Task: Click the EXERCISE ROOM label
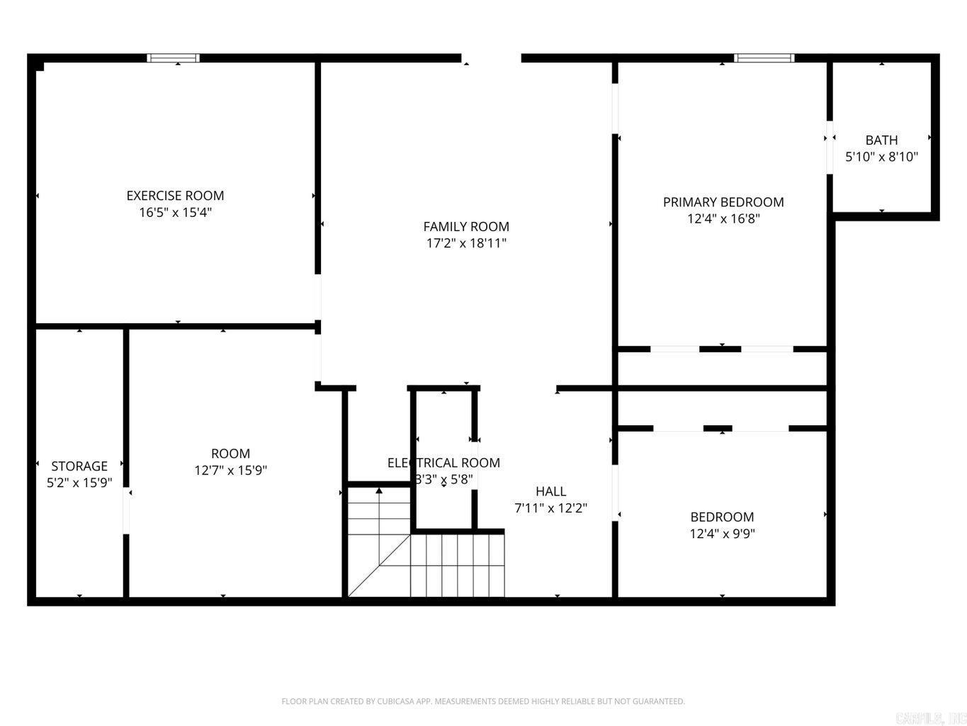click(x=175, y=196)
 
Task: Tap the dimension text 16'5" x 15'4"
click(x=175, y=212)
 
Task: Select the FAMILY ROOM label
click(x=466, y=227)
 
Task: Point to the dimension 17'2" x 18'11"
click(x=466, y=243)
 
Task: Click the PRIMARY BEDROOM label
click(x=723, y=202)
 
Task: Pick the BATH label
click(x=881, y=140)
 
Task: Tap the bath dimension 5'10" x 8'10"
click(x=881, y=157)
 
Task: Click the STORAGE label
click(x=79, y=466)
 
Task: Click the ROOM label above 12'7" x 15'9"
click(x=230, y=454)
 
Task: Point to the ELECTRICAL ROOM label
click(x=443, y=463)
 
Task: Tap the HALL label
click(x=550, y=491)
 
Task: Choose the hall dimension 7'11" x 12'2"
click(x=550, y=508)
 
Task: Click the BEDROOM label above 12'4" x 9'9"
click(x=722, y=517)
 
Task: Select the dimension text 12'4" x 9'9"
click(x=722, y=533)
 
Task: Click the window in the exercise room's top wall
click(x=174, y=58)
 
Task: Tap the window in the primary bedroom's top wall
click(x=764, y=58)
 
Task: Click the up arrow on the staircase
click(x=379, y=491)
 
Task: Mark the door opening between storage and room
click(x=127, y=510)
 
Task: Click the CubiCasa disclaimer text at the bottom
click(x=483, y=701)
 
